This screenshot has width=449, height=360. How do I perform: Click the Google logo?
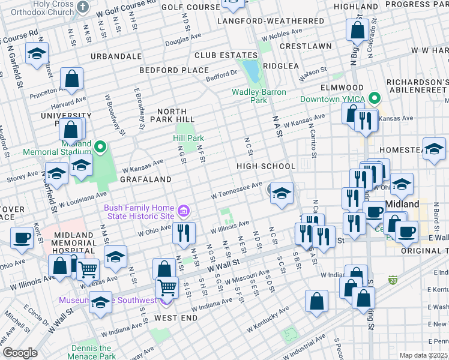(20, 353)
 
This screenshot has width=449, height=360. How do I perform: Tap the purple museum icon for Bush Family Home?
(184, 211)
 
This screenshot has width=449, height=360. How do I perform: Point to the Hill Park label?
(188, 138)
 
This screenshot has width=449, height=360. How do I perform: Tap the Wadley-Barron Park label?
(259, 96)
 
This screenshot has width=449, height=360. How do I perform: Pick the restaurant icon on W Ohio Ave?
(184, 232)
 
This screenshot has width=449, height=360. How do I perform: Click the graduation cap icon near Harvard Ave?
(37, 55)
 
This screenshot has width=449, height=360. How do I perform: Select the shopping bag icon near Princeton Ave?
(71, 78)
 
